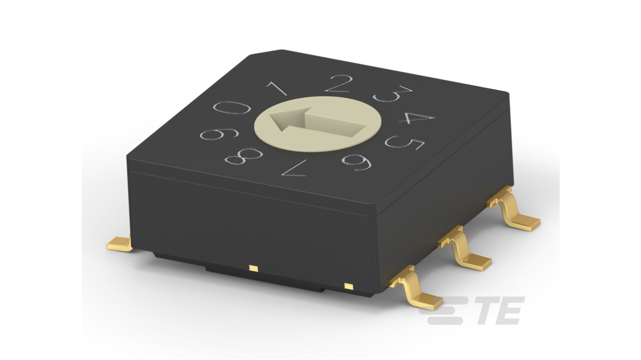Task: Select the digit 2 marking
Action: tap(339, 84)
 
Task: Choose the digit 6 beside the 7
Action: tap(357, 162)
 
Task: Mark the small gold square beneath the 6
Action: tap(348, 286)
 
